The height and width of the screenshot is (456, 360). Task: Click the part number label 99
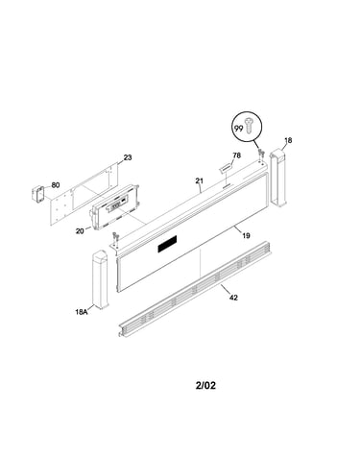[238, 129]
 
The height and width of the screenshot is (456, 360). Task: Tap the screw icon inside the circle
[249, 126]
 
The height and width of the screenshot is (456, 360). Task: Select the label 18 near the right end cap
[288, 140]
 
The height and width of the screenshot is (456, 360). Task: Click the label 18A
[82, 312]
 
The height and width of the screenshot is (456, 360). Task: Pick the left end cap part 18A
[101, 280]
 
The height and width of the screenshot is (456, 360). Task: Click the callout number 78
[237, 156]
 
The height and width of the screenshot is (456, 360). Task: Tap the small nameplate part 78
[225, 167]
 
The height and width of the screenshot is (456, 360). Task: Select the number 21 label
[200, 181]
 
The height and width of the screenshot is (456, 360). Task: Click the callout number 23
[128, 157]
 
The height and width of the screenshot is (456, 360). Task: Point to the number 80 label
[56, 185]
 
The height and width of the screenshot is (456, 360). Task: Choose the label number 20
[80, 230]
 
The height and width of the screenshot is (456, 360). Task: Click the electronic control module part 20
[115, 206]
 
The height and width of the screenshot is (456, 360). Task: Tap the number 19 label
[246, 236]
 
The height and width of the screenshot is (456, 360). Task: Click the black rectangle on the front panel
[167, 244]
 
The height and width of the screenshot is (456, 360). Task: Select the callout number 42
[233, 298]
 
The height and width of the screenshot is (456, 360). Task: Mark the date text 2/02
[205, 385]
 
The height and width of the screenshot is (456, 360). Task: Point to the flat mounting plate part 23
[84, 194]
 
